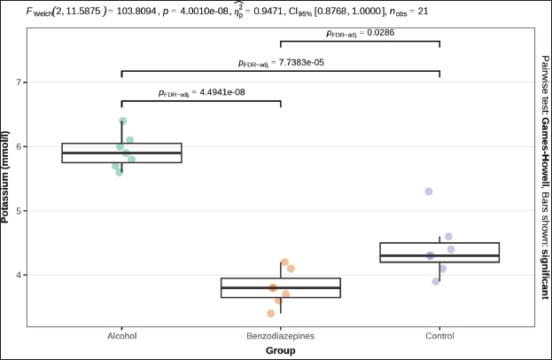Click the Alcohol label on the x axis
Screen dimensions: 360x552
tap(121, 337)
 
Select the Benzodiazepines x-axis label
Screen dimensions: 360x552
tap(280, 337)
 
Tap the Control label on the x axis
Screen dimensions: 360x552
tap(439, 337)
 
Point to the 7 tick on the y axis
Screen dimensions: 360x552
tap(22, 82)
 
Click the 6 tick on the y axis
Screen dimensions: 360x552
tap(22, 146)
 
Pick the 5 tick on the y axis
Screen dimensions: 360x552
tap(22, 211)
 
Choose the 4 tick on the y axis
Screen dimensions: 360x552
tap(22, 275)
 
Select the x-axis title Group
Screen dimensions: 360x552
tap(280, 350)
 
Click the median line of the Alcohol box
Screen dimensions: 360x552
tap(121, 153)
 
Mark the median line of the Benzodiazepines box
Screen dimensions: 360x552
tap(280, 288)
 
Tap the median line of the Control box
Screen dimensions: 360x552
tap(439, 255)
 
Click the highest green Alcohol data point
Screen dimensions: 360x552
tap(122, 121)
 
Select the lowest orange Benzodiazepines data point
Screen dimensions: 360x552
tap(270, 313)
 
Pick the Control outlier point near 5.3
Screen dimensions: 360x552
tap(429, 192)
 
